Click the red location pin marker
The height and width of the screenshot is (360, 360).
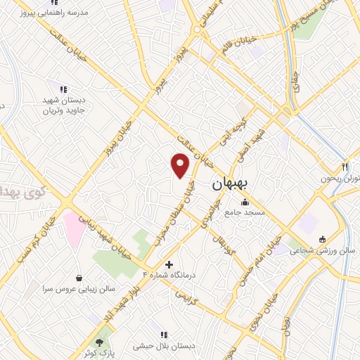[x=181, y=164]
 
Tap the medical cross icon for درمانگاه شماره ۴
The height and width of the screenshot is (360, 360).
[x=168, y=264]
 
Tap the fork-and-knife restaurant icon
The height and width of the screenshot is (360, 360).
[x=345, y=167]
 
